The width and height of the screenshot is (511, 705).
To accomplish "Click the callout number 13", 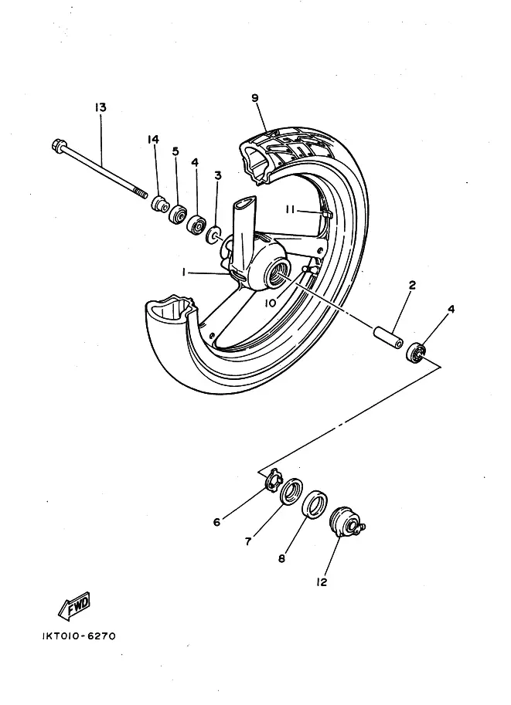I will tap(100, 108).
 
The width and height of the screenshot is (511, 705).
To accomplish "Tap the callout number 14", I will tap(153, 139).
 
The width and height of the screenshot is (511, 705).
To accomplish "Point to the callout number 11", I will tap(291, 208).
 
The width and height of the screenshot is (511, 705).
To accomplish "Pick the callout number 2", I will tap(412, 285).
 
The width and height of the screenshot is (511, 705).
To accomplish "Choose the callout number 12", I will tap(322, 582).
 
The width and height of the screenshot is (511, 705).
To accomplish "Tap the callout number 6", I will tap(217, 522).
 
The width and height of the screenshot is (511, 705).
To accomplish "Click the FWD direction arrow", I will tap(74, 605).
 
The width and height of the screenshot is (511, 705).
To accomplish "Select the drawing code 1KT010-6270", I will tap(80, 637).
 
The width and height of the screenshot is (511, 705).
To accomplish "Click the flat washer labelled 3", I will tap(213, 232).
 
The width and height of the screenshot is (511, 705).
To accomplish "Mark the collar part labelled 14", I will tap(160, 205).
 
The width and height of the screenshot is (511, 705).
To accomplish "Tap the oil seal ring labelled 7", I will tap(291, 491).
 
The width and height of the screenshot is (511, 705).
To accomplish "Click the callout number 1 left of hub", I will tap(184, 272).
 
